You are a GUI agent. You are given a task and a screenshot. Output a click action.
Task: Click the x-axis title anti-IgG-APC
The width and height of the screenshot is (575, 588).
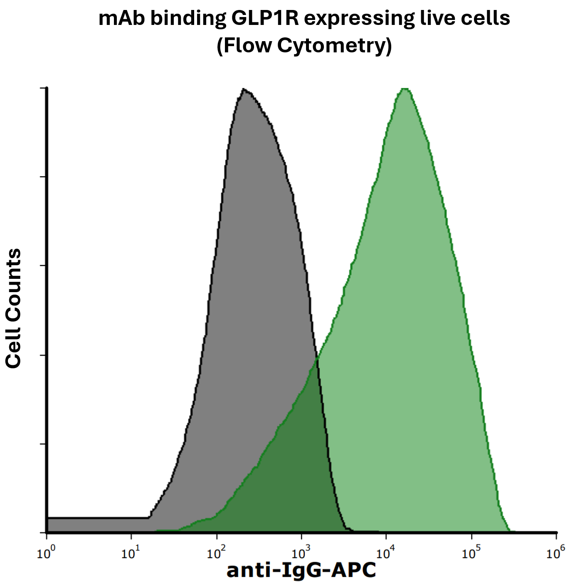pyautogui.click(x=301, y=570)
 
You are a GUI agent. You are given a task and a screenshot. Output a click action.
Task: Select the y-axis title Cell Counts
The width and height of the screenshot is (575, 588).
pyautogui.click(x=13, y=308)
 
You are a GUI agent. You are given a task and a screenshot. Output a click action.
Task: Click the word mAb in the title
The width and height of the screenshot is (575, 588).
pyautogui.click(x=122, y=18)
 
